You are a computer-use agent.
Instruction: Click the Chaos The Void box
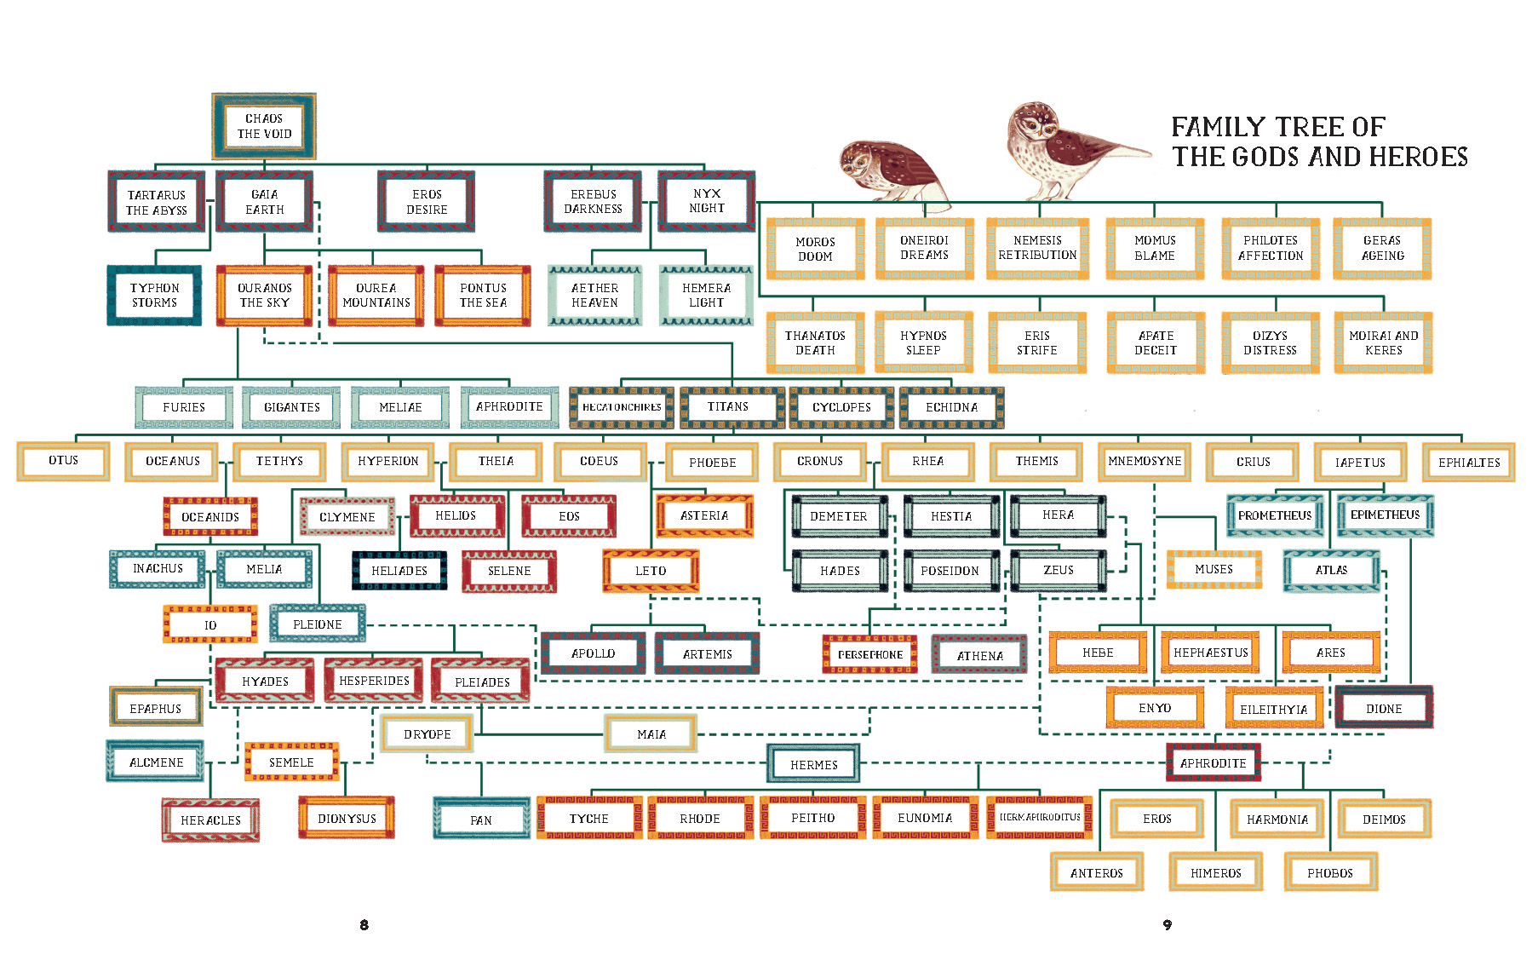(264, 126)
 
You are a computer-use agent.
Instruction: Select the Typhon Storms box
(154, 295)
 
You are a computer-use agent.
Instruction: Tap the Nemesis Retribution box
(1037, 248)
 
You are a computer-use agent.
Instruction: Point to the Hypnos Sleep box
(924, 342)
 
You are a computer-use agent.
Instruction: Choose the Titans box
(728, 407)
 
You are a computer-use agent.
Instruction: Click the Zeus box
(1059, 570)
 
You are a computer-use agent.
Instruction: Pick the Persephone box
(869, 654)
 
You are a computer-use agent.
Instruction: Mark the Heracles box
(210, 820)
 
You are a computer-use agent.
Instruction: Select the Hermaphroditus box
(1040, 817)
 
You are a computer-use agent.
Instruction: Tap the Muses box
(1214, 569)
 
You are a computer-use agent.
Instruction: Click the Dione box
(1384, 708)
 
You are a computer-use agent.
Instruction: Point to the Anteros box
(1097, 872)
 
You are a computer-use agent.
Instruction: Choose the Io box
(210, 624)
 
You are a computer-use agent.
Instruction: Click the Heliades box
(399, 570)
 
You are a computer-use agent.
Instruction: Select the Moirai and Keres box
(1383, 342)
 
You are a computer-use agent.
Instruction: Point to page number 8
(364, 924)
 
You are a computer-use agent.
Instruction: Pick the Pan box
(481, 820)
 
